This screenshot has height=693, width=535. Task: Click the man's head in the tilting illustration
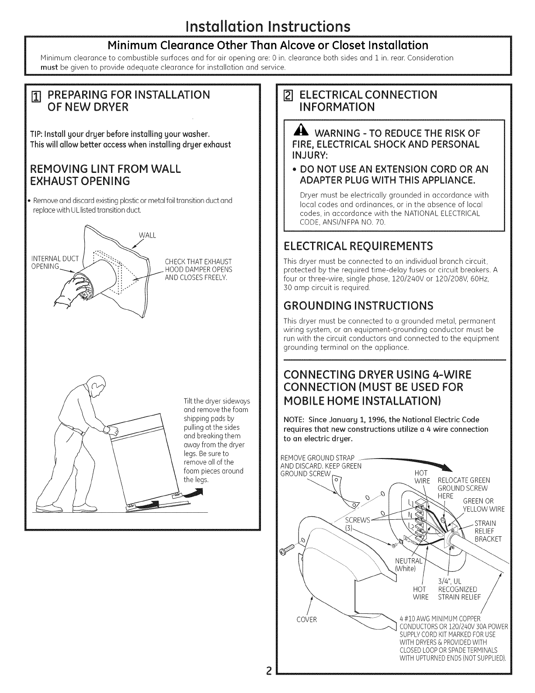tap(97, 385)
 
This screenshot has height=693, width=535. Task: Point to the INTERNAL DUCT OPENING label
tap(55, 262)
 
